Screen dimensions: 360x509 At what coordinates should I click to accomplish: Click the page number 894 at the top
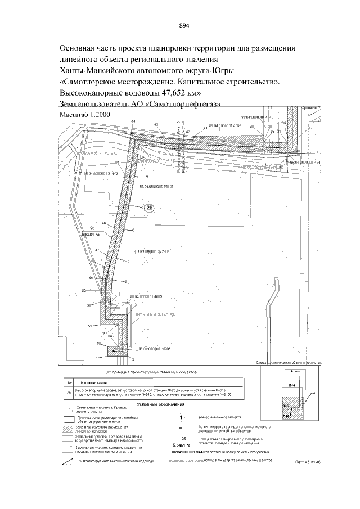(x=183, y=25)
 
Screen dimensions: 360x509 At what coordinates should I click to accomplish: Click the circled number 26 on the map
(x=148, y=208)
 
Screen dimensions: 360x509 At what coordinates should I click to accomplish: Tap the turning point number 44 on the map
(x=133, y=121)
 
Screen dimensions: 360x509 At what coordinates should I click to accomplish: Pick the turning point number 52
(x=89, y=326)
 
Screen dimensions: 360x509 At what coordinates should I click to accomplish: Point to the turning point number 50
(x=83, y=291)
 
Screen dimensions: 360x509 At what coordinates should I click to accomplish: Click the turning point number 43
(x=156, y=124)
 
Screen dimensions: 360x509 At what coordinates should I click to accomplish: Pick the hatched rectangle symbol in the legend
(x=69, y=429)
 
